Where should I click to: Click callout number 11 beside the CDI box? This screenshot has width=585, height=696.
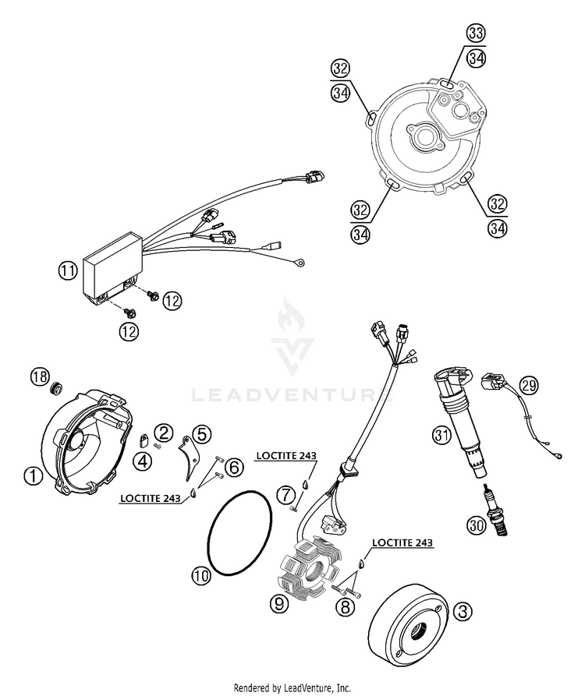point(67,271)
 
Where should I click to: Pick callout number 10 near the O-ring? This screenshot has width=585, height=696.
point(200,576)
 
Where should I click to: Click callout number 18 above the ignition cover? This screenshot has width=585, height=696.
point(39,377)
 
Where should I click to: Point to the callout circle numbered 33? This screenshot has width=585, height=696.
point(476,33)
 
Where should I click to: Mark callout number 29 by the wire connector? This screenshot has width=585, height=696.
point(529,386)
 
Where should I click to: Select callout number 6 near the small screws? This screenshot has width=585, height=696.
point(235,468)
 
